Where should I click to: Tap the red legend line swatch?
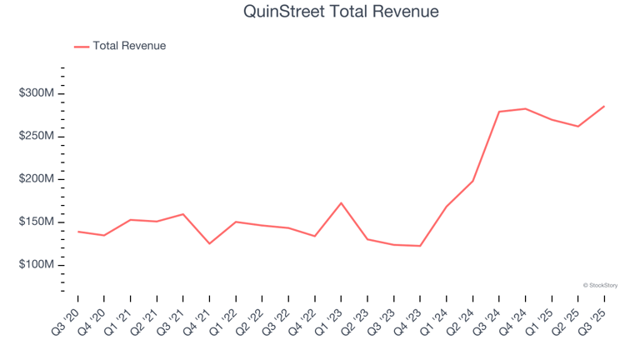pyautogui.click(x=82, y=47)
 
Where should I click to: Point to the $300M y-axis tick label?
pyautogui.click(x=37, y=93)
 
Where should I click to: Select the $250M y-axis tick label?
pyautogui.click(x=37, y=136)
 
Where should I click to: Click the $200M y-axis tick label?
pyautogui.click(x=37, y=179)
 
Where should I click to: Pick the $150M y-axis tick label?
pyautogui.click(x=37, y=222)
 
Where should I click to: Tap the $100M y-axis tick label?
pyautogui.click(x=37, y=265)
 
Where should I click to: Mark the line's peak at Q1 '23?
pyautogui.click(x=341, y=202)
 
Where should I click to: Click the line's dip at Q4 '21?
pyautogui.click(x=209, y=243)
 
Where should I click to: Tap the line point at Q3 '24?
pyautogui.click(x=499, y=112)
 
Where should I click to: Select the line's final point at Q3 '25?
pyautogui.click(x=604, y=106)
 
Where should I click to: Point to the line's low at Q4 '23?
pyautogui.click(x=420, y=246)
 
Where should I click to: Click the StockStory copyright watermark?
pyautogui.click(x=600, y=286)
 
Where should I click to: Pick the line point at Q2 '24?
pyautogui.click(x=472, y=181)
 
